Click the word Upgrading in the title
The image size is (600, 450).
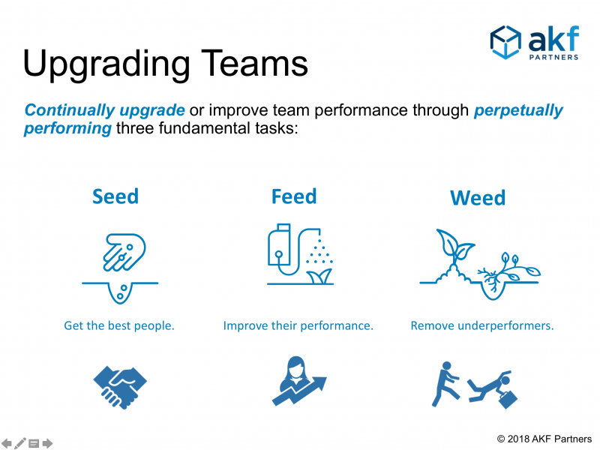point(106,64)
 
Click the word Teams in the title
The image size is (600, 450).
point(254,63)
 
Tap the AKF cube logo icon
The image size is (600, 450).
point(505,42)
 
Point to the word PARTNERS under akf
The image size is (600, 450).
point(553,58)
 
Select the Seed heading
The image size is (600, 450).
point(115,196)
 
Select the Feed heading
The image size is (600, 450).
point(294,196)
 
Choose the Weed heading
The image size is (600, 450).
point(478,198)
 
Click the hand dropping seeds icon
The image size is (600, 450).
point(124,252)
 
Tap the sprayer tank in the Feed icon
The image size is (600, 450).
point(279,245)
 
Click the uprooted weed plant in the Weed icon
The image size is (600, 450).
point(509,272)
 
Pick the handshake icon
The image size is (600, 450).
point(120,387)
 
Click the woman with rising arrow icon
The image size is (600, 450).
point(299,381)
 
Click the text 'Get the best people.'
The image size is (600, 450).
point(119,325)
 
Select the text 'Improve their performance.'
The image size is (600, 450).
point(298,325)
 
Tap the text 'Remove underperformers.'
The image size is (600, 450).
point(482,325)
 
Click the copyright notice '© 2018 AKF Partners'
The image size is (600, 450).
point(544,439)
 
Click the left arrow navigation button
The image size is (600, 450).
point(7,443)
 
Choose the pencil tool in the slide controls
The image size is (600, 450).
point(20,443)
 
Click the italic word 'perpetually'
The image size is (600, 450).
point(518,111)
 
